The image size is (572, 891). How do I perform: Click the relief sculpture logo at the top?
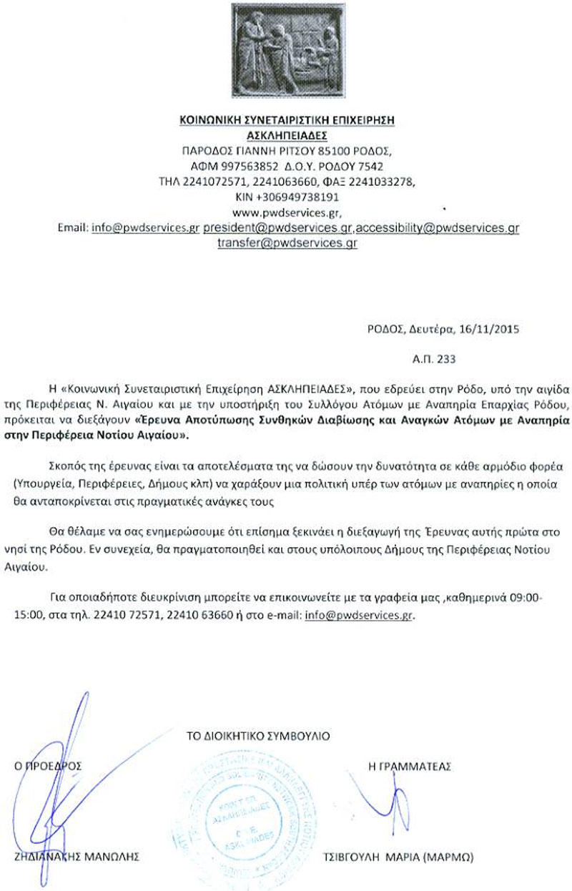click(x=286, y=51)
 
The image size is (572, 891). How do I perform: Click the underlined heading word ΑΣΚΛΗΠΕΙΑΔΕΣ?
click(x=286, y=134)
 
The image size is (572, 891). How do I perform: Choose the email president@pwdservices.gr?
click(x=277, y=228)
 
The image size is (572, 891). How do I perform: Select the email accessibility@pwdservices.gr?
click(x=438, y=228)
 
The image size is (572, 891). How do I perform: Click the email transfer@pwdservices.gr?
click(x=287, y=243)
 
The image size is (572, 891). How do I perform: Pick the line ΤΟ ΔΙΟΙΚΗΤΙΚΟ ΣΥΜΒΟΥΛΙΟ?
click(x=258, y=734)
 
